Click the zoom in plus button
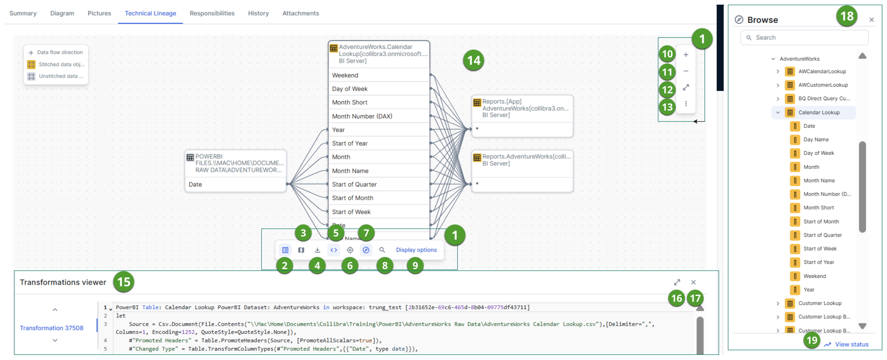[686, 55]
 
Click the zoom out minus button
[686, 71]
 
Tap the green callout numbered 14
[473, 61]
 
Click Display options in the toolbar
[416, 250]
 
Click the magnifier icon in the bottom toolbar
[382, 250]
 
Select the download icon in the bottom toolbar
[317, 250]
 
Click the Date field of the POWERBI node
[195, 184]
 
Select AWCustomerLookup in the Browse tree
[823, 85]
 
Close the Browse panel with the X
[871, 20]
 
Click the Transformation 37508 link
[51, 328]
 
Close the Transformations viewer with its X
[693, 282]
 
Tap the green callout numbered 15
[124, 282]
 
